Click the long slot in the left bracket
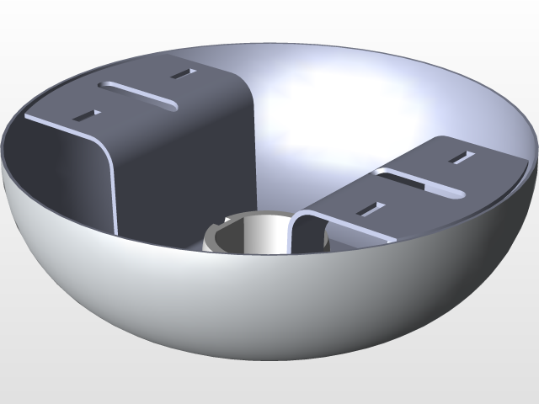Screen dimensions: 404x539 click(x=139, y=94)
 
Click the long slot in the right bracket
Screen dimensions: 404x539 click(x=420, y=183)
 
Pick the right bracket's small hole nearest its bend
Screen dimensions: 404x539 click(x=368, y=208)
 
